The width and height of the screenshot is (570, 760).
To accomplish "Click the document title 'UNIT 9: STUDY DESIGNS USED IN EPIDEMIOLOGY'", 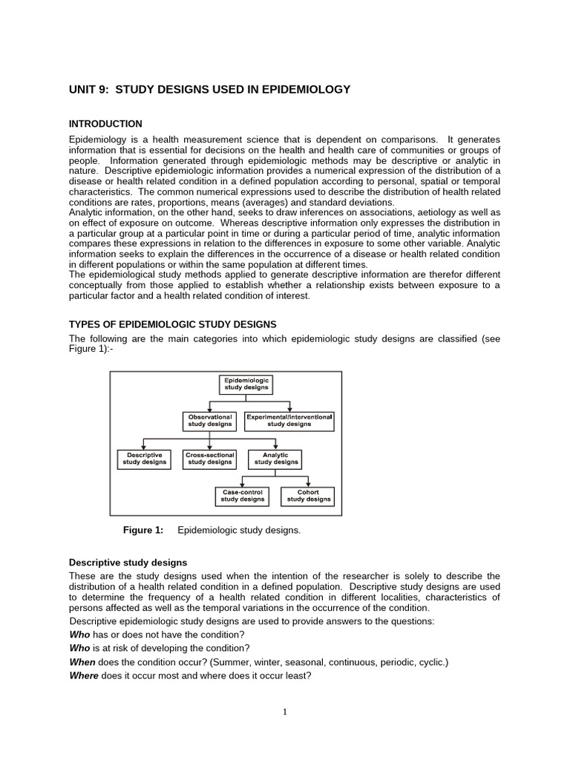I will click(209, 90).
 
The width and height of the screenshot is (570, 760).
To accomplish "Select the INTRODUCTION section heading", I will click(105, 124).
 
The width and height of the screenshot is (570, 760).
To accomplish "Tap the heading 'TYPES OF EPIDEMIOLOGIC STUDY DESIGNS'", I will click(172, 324).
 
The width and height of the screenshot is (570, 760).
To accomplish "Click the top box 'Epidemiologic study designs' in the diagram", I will click(247, 384).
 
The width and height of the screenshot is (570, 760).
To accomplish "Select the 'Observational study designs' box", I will click(210, 421).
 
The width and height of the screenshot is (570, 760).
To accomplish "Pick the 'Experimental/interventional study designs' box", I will click(289, 421).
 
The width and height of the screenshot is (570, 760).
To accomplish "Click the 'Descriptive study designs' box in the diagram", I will click(144, 459).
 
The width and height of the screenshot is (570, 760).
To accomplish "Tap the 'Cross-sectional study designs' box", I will click(210, 459).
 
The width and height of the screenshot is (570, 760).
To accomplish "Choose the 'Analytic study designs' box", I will click(276, 459).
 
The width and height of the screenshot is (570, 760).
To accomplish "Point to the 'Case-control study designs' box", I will click(243, 496).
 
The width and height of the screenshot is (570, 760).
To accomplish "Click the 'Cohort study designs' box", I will click(308, 496).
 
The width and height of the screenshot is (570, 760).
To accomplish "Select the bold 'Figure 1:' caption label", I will click(142, 530).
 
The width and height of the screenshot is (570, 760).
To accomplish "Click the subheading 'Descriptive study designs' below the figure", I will click(128, 563).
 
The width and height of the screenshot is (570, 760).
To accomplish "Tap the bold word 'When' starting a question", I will click(82, 662).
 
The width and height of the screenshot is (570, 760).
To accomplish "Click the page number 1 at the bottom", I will click(284, 712).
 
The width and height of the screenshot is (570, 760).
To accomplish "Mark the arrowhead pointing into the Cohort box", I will click(308, 485).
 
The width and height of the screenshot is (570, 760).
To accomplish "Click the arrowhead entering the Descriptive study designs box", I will click(144, 448).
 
